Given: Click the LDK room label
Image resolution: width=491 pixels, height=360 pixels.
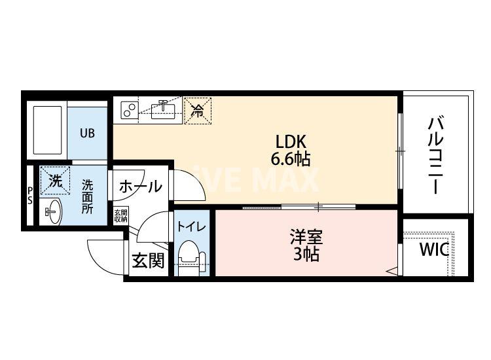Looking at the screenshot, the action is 290,141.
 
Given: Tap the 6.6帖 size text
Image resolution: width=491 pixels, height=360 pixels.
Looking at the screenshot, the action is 290,159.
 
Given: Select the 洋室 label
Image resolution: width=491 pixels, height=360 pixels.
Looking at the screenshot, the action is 306,237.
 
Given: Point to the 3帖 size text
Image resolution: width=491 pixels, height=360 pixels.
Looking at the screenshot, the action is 306,255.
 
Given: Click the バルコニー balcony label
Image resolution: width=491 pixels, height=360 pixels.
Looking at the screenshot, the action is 435,155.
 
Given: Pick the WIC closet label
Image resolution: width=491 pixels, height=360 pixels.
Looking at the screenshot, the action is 434,249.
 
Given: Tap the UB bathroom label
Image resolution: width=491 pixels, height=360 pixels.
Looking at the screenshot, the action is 87,134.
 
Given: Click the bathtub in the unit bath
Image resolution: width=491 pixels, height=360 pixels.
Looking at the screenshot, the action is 47,130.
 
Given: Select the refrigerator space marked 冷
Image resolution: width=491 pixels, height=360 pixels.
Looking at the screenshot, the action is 198,111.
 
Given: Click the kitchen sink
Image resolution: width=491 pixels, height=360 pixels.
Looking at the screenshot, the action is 162,110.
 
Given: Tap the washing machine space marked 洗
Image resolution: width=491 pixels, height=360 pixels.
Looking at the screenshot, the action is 55,180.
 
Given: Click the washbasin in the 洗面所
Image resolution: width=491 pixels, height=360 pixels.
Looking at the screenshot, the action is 53,211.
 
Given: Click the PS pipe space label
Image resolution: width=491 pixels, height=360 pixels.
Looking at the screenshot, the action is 29,195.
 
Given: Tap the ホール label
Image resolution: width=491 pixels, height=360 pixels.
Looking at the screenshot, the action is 141,187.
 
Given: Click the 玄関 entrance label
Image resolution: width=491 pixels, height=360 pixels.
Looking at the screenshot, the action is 148,261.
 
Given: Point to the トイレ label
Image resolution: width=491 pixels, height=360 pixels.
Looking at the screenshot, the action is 192,226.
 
